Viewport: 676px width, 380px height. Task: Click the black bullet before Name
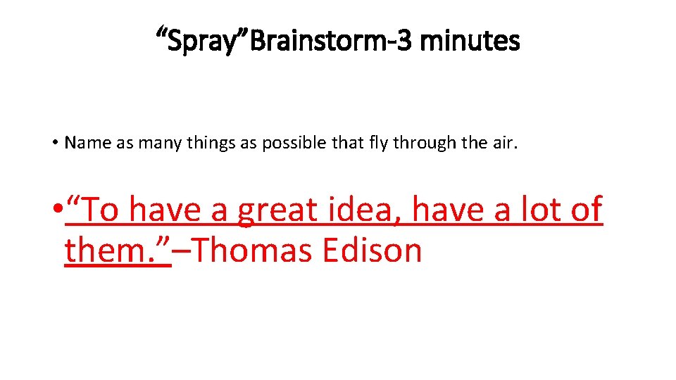coord(54,144)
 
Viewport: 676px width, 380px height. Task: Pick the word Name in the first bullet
coord(84,144)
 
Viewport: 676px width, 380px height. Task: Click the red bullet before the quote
coord(56,210)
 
